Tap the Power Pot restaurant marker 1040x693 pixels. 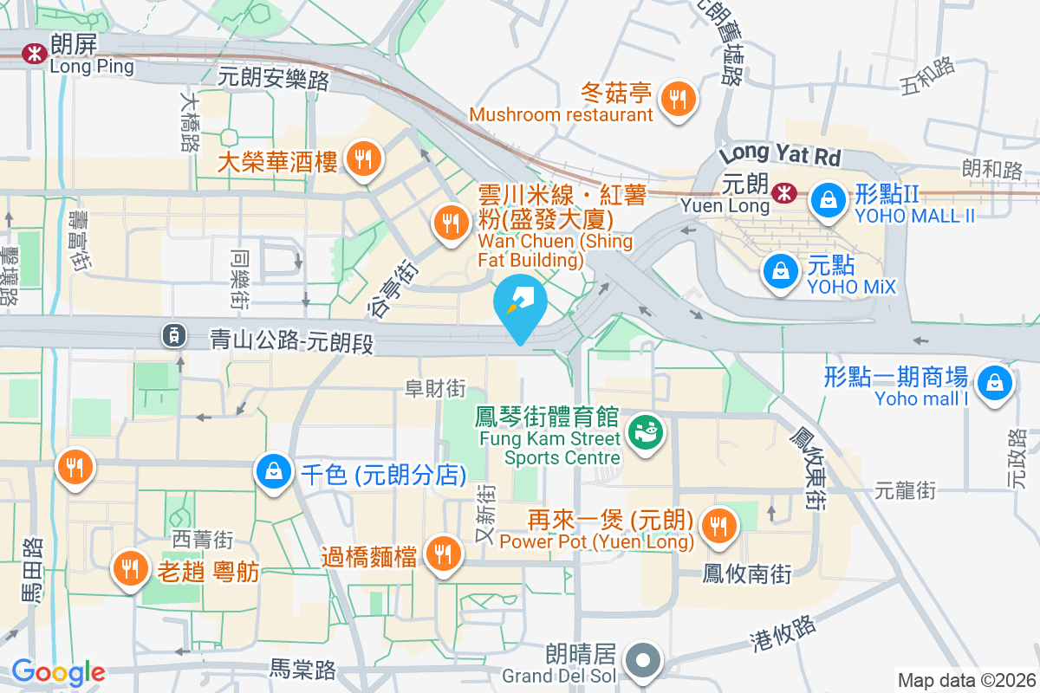click(718, 525)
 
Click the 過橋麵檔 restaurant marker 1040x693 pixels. click(444, 553)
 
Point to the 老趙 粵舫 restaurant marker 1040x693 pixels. click(131, 568)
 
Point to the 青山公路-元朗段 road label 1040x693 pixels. click(292, 340)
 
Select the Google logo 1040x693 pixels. click(57, 672)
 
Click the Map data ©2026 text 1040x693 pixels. click(965, 681)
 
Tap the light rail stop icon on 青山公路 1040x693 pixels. click(174, 334)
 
